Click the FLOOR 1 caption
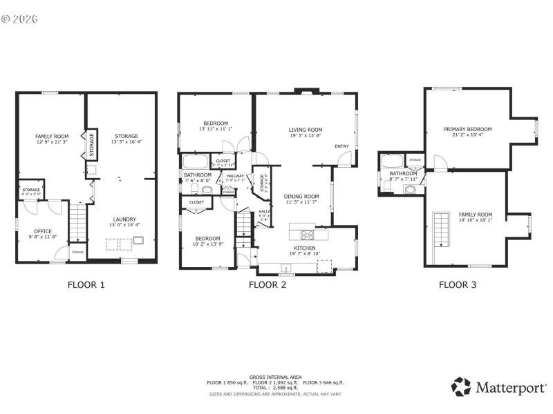coord(86,284)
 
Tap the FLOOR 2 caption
coord(268,284)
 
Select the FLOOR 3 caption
coord(458,284)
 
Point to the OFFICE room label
coord(43,232)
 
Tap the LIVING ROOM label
coord(305,130)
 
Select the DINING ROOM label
coord(301,197)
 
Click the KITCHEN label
coord(305,248)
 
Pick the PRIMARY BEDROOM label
coord(467,129)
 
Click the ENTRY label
coord(341,146)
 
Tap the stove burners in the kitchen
coord(307,233)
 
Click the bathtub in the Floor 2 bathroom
coord(194,163)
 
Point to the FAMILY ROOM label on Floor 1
coord(52,137)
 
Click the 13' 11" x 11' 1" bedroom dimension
coord(215,128)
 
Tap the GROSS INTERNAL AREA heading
coord(276,377)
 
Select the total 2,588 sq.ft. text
coord(276,387)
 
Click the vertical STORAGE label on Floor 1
coord(91,144)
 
